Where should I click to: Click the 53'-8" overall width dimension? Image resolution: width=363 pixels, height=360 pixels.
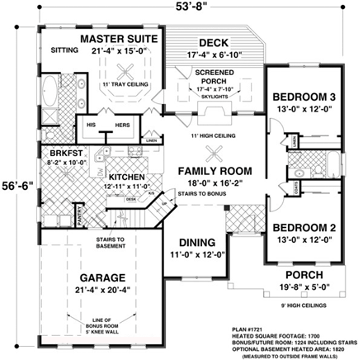click(x=186, y=10)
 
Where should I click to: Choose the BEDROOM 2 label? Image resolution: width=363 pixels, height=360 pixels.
click(x=303, y=226)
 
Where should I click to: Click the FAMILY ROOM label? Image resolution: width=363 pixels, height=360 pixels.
click(x=214, y=170)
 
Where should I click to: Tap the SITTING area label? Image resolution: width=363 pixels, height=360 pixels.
click(x=64, y=50)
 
